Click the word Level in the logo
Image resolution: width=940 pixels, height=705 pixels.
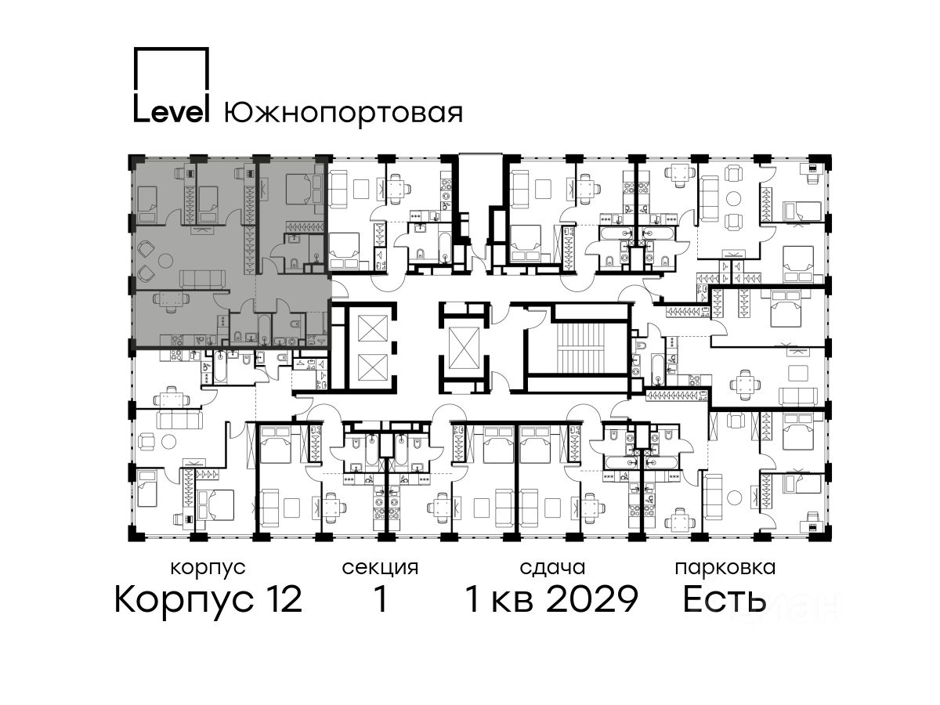[172, 113]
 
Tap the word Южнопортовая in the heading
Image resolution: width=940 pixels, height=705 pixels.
[343, 114]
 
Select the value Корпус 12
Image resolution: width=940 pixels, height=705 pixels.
[208, 599]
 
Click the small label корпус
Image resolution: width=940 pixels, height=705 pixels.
[208, 569]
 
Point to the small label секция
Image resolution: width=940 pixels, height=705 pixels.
[380, 569]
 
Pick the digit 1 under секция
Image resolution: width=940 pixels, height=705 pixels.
[380, 599]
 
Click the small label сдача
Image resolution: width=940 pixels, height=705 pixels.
[552, 569]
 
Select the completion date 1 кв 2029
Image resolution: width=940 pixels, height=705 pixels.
[551, 599]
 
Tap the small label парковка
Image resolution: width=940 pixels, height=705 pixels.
[725, 569]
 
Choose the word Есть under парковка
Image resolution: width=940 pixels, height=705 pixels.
[724, 599]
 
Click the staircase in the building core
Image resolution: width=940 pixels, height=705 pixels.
[578, 348]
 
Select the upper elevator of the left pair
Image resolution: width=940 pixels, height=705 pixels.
[373, 328]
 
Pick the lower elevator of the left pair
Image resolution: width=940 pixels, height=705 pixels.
[373, 367]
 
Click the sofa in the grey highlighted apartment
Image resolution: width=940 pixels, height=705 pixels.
[202, 279]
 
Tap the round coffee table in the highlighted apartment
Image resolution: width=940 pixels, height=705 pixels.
[165, 260]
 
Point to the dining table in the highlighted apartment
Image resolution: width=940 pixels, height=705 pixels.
[166, 301]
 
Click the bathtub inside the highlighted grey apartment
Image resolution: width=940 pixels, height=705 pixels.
[263, 330]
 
